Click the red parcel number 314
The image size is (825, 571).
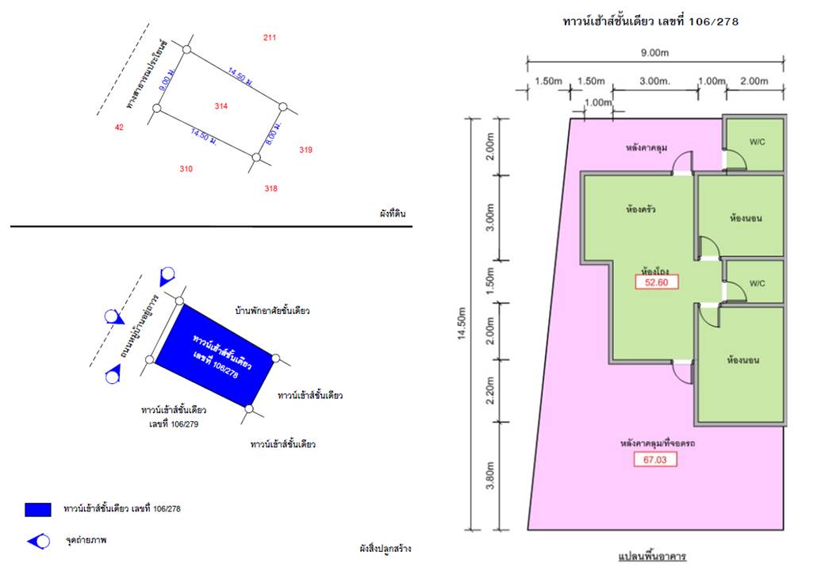click(x=221, y=106)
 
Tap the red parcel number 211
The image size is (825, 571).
click(x=270, y=37)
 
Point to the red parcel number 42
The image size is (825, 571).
click(x=119, y=127)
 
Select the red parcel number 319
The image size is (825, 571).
click(x=305, y=150)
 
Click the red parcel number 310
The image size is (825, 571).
click(x=186, y=169)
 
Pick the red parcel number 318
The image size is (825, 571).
click(x=271, y=188)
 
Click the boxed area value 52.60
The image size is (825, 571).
click(x=656, y=282)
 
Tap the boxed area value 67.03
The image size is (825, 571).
click(x=655, y=459)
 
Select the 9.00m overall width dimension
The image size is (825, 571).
click(x=655, y=52)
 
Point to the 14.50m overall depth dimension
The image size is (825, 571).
click(x=462, y=324)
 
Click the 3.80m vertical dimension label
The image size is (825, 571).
click(x=490, y=475)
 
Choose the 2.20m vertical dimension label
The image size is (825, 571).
click(x=490, y=391)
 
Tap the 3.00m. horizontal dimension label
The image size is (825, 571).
click(x=655, y=82)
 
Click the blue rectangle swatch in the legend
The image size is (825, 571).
click(x=38, y=509)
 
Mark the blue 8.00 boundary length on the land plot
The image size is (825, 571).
click(x=274, y=133)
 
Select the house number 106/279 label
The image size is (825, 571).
click(x=174, y=424)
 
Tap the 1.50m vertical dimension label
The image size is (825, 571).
click(x=490, y=281)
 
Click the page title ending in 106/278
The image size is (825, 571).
click(x=650, y=21)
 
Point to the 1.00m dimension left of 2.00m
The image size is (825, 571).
click(x=712, y=82)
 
